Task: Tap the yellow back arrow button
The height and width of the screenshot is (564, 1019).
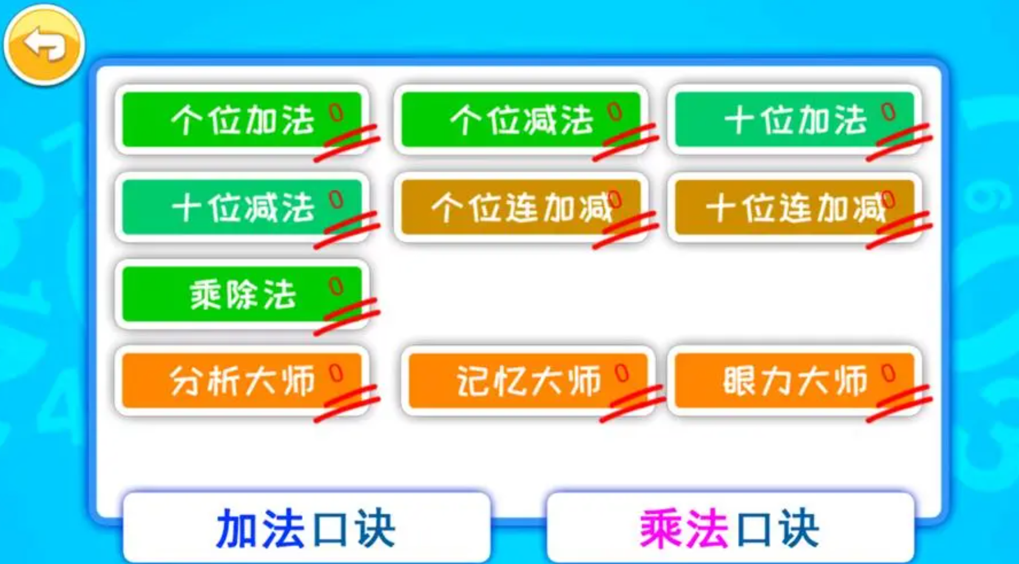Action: pyautogui.click(x=44, y=45)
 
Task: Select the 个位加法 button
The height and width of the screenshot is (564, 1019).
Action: pyautogui.click(x=242, y=120)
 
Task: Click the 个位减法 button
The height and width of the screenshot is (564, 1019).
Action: pyautogui.click(x=521, y=120)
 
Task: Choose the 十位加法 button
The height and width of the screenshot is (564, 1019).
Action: pyautogui.click(x=794, y=120)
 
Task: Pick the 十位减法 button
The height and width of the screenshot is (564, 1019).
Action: pyautogui.click(x=242, y=207)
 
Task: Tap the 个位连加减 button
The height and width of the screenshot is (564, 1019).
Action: pyautogui.click(x=521, y=207)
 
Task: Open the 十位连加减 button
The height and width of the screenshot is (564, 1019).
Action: pyautogui.click(x=794, y=207)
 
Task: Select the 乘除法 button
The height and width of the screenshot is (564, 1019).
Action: pyautogui.click(x=242, y=294)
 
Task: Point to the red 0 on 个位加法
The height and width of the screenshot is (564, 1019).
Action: pyautogui.click(x=336, y=112)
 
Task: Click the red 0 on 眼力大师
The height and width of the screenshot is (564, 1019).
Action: pyautogui.click(x=889, y=373)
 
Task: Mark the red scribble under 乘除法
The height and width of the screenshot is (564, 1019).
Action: pyautogui.click(x=347, y=316)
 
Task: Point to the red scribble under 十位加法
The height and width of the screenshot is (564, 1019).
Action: pyautogui.click(x=899, y=142)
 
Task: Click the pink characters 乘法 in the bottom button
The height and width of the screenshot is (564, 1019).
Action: pyautogui.click(x=684, y=529)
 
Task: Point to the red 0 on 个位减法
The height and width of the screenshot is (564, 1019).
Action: pyautogui.click(x=615, y=112)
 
